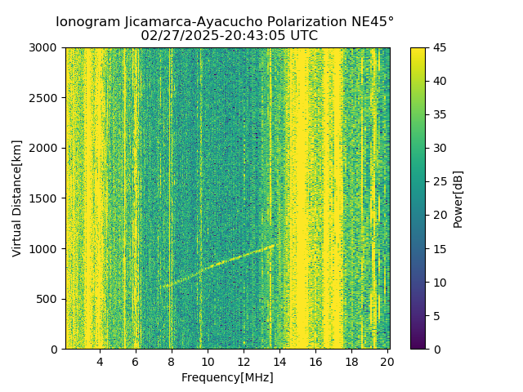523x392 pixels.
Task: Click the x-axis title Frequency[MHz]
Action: [x=227, y=377]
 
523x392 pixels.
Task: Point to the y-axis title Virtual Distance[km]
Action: [x=17, y=198]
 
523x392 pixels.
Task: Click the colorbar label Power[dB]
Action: [x=458, y=198]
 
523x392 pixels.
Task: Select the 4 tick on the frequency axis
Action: [x=100, y=361]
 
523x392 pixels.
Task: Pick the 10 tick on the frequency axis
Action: [x=208, y=361]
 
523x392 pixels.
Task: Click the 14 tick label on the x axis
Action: [x=279, y=361]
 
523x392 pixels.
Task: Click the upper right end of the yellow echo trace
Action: [x=274, y=244]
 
